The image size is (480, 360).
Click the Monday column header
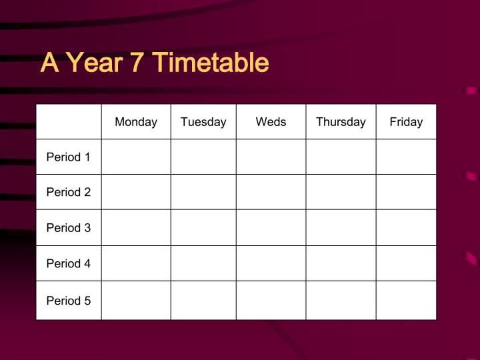coord(136,122)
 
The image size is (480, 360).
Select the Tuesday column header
coord(203,122)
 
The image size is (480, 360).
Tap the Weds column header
coord(271,122)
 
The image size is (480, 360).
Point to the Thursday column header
coord(341,122)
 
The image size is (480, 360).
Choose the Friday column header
coord(406,122)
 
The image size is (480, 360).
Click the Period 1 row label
coord(68,157)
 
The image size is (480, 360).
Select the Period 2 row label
coord(68,192)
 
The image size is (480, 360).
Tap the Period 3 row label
coord(68,227)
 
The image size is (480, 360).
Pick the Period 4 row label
coord(68,263)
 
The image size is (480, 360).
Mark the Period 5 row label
coord(68,301)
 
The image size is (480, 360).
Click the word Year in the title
coord(94,63)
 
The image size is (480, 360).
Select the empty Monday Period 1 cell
coord(136,157)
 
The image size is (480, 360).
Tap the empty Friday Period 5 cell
coord(406,301)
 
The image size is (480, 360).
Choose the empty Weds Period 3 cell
coord(271,227)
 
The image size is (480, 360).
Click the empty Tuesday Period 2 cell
coord(203,192)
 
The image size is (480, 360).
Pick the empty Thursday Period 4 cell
coord(341,263)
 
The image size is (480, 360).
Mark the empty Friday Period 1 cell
coord(406,157)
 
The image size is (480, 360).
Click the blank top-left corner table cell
coord(69,122)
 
